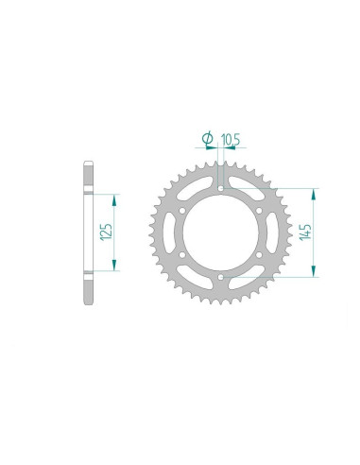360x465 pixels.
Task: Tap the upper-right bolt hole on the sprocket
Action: coord(259,209)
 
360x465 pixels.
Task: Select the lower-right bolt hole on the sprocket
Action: coord(259,255)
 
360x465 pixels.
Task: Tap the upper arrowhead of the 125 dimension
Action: coord(115,199)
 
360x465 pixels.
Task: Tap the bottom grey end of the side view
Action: coord(88,289)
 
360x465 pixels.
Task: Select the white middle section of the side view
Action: coord(88,232)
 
